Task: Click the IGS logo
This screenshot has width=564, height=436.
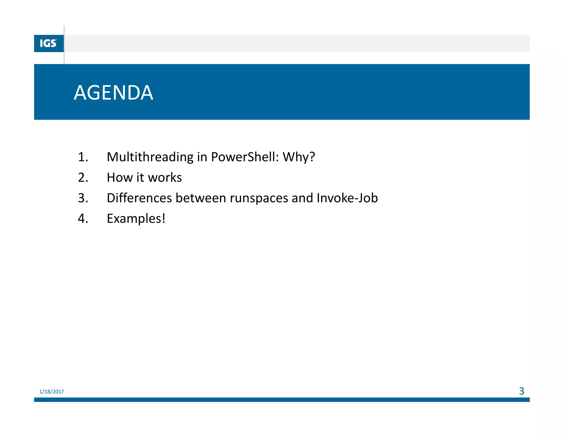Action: (48, 44)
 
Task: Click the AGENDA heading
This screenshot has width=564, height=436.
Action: (113, 93)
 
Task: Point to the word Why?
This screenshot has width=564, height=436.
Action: (299, 157)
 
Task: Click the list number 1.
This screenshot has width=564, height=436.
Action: (83, 157)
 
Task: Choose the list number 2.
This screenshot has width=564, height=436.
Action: (83, 177)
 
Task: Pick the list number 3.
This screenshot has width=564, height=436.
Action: (83, 198)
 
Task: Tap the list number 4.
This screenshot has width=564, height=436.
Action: (83, 219)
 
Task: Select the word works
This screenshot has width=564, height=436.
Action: (165, 177)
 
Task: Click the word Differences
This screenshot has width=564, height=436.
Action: (139, 198)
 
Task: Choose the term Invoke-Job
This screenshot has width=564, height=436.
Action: (347, 198)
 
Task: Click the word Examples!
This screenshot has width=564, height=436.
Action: (136, 219)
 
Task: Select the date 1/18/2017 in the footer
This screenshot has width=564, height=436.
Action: (51, 392)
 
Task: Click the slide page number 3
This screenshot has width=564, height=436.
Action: (521, 391)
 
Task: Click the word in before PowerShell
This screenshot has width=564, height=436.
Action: (202, 157)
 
